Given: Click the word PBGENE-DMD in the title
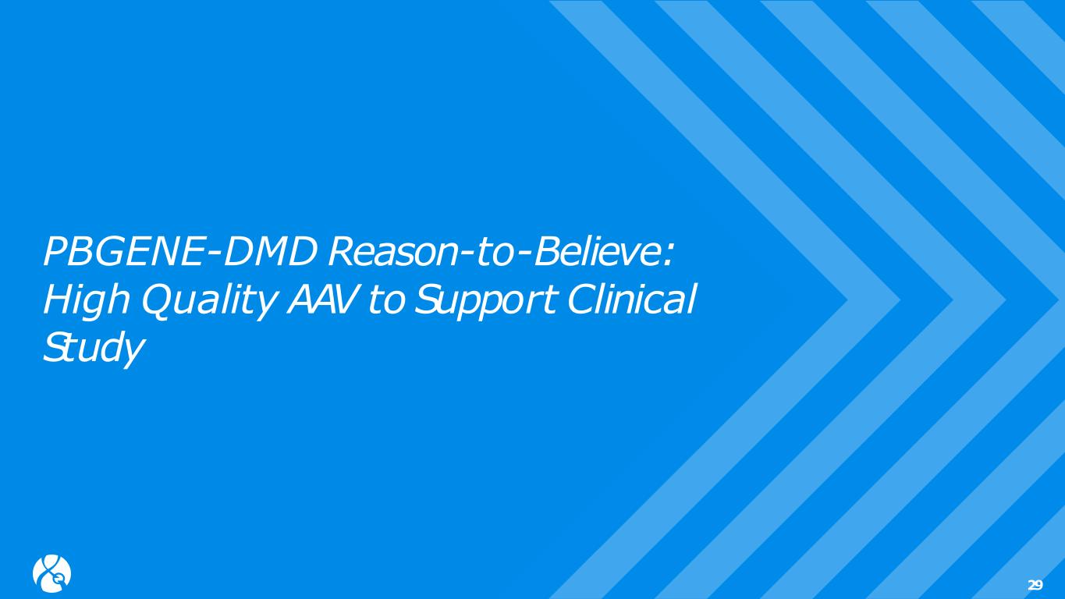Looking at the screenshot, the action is [x=179, y=251].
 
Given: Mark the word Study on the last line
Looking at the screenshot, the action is [x=93, y=348].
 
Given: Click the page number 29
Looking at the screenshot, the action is [x=1035, y=585].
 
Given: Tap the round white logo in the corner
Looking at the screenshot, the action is [x=51, y=573].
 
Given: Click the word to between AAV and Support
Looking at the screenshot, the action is [x=386, y=301].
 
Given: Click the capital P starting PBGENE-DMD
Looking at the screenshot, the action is [x=56, y=252].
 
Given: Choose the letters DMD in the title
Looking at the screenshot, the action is [x=269, y=252].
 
